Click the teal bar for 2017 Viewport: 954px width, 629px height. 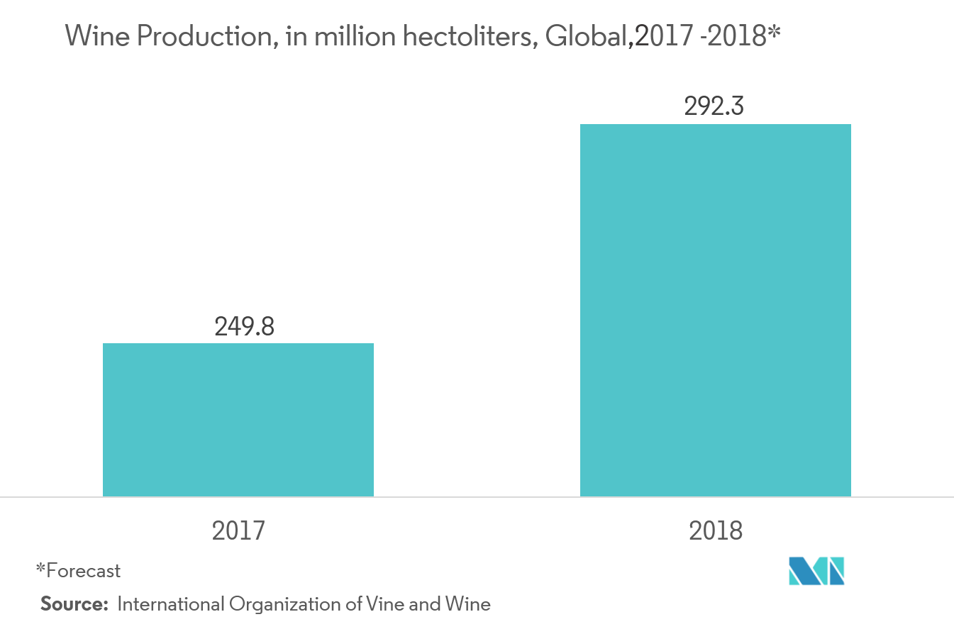point(238,420)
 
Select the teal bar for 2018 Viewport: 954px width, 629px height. point(715,310)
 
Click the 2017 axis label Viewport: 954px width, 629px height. point(238,530)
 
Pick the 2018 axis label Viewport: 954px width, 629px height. point(715,530)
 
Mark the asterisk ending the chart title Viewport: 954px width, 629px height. point(775,33)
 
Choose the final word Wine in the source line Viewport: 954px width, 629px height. point(468,604)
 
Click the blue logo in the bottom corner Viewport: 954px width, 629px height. point(816,572)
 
